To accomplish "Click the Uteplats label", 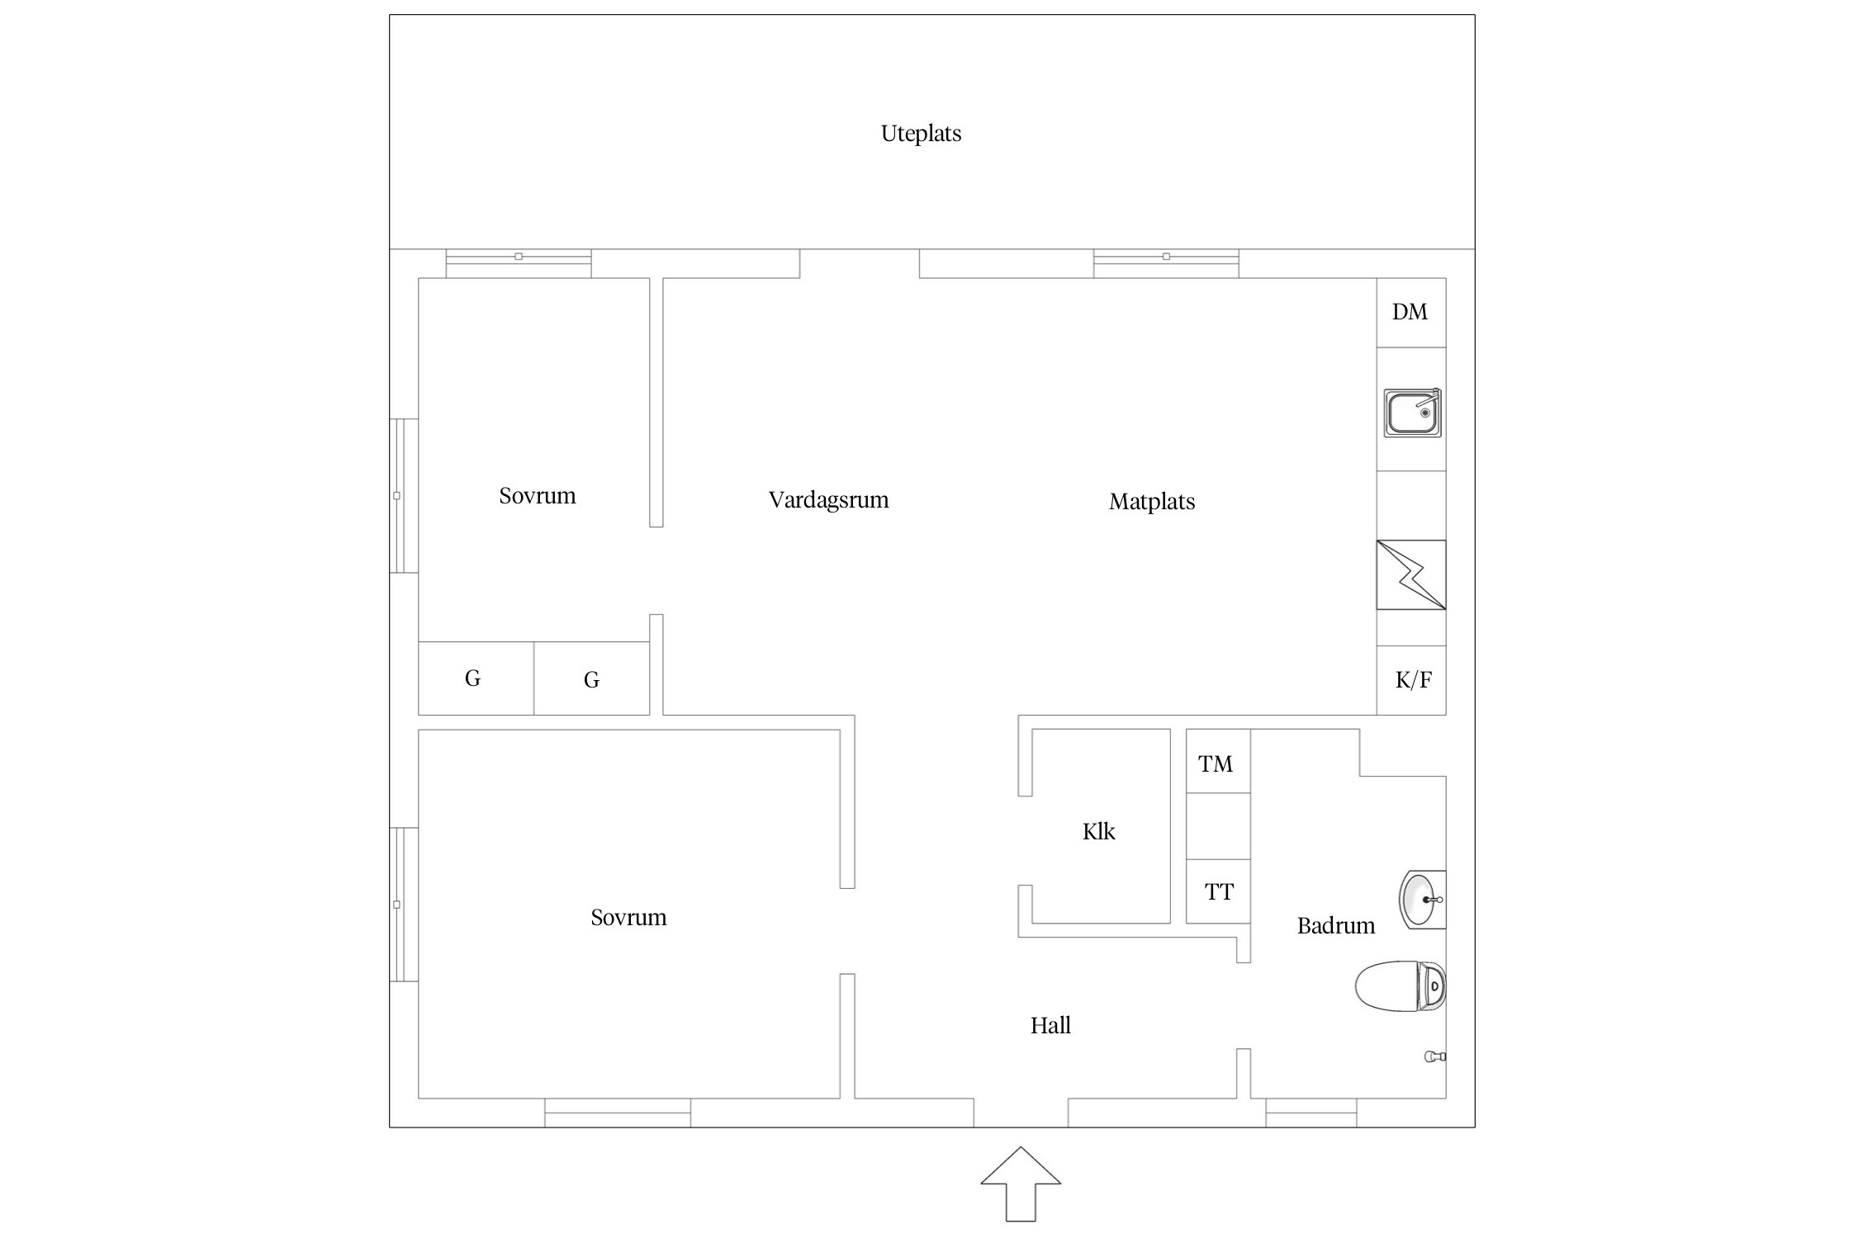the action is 921,134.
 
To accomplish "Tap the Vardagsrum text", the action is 828,500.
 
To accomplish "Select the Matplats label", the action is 1152,502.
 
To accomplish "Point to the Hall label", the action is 1050,1025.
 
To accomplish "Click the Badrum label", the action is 1336,926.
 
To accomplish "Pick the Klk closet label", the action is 1098,831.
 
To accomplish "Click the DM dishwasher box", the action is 1411,313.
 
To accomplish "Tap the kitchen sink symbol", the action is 1413,413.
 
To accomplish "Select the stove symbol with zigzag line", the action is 1411,574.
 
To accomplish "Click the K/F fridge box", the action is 1411,680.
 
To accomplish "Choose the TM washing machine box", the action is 1218,761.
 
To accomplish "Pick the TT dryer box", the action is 1218,891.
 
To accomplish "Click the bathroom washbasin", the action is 1423,900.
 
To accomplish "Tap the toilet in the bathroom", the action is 1401,985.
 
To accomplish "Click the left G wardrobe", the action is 476,678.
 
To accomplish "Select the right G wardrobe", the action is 591,678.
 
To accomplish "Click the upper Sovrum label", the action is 537,496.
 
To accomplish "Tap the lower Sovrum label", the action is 628,918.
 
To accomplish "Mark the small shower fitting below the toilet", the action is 1435,1056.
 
